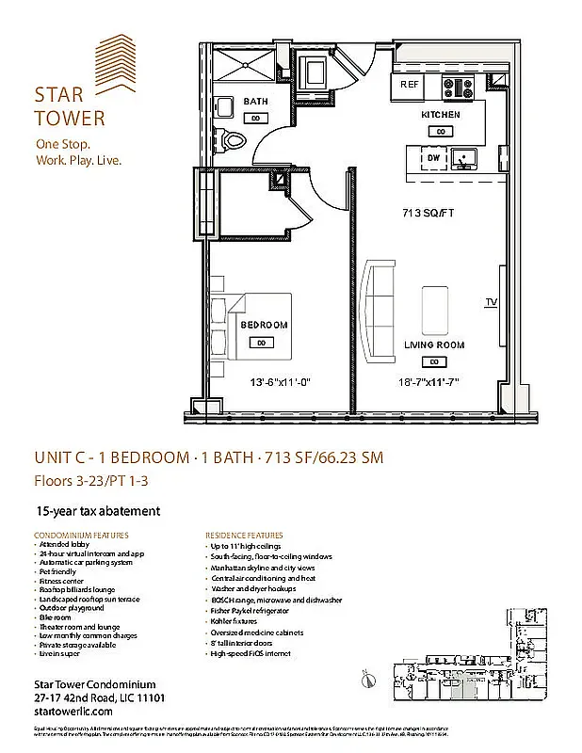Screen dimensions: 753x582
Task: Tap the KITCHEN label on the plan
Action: [440, 115]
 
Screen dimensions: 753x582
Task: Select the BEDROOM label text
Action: [264, 325]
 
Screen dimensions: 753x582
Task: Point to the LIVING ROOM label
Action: [434, 345]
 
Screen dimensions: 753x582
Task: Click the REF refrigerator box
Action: [409, 85]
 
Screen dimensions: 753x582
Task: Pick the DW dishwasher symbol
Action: [432, 159]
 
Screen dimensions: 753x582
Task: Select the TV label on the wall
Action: [491, 302]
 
